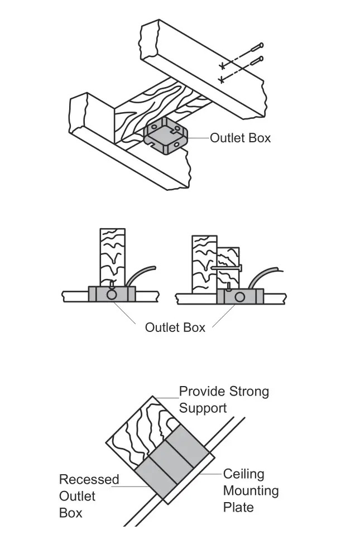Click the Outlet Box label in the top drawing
240,138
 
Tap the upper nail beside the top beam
255,47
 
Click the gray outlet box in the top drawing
166,137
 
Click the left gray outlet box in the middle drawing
112,295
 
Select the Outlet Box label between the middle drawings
175,327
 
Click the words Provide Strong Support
223,399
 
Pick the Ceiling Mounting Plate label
251,491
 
